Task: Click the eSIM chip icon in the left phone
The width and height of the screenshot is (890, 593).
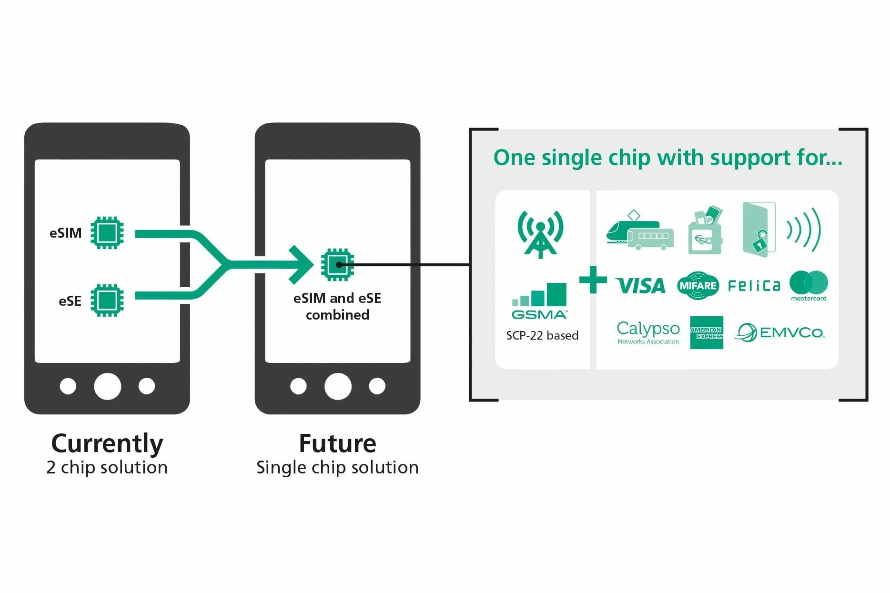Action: point(107,232)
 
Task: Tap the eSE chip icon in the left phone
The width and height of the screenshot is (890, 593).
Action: point(107,300)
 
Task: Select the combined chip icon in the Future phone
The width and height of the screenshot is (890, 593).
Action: point(337,264)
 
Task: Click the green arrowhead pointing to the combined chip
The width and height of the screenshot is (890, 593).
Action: point(301,264)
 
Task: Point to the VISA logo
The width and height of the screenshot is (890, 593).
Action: point(640,286)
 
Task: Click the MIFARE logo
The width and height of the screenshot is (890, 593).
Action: point(698,285)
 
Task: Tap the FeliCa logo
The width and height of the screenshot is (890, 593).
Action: point(754,286)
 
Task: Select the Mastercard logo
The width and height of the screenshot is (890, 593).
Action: point(809,285)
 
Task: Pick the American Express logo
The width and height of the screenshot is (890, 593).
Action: point(707,332)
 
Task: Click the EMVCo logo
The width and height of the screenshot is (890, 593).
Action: point(780,332)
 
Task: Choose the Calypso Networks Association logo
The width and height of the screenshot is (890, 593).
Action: point(648,332)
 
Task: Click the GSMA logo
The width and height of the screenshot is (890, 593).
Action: point(539,301)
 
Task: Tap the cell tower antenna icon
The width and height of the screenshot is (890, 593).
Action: point(540,233)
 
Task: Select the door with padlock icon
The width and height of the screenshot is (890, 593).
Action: point(759,230)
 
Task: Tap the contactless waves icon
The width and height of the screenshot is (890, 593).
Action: point(804,230)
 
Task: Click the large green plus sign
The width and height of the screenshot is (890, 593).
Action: point(593,280)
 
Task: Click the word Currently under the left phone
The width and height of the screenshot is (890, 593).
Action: point(107,444)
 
